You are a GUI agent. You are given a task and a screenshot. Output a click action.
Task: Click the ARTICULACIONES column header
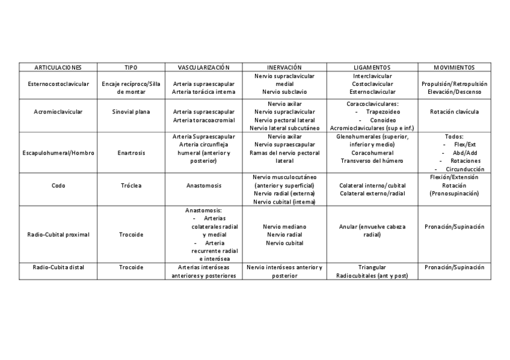(58, 67)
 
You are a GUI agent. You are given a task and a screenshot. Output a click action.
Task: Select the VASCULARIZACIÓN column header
(203, 67)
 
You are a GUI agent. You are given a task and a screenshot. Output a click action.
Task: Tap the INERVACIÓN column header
(284, 67)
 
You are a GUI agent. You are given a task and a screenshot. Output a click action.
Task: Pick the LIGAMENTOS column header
(372, 67)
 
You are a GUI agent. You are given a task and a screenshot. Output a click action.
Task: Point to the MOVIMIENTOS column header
(454, 67)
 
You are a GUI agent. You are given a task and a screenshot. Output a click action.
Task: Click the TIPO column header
(131, 67)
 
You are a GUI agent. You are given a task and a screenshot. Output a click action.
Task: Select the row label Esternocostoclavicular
(58, 84)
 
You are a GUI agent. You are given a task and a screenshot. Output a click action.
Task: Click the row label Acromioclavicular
(58, 112)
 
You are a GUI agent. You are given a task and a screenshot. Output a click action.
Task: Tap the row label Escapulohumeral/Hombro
(58, 153)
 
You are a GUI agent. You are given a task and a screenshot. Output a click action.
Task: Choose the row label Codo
(58, 186)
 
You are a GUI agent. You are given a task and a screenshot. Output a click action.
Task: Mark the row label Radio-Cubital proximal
(58, 234)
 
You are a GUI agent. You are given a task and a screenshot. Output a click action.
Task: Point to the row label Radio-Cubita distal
(58, 267)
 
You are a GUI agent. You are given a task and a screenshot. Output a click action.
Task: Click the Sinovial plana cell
(131, 112)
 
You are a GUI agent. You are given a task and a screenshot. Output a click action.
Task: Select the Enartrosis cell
(131, 153)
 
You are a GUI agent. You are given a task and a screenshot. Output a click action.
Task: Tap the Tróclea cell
(131, 186)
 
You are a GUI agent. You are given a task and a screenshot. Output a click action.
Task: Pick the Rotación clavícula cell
(454, 112)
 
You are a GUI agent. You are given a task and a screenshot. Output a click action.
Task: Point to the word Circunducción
(462, 169)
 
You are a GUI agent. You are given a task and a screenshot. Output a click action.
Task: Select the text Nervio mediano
(284, 227)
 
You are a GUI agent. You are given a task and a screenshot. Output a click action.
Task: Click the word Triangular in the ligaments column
(372, 267)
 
